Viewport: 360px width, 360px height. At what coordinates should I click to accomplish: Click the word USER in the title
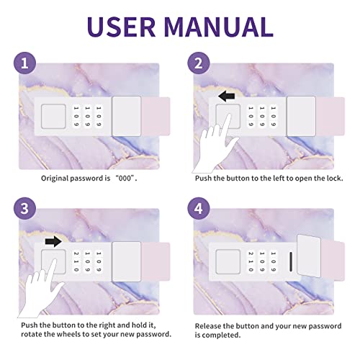tap(121, 27)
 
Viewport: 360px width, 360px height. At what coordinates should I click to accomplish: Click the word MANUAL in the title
tap(219, 27)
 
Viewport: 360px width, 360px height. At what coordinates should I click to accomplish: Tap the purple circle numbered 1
tap(24, 63)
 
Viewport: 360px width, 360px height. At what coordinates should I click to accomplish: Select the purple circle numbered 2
tap(199, 63)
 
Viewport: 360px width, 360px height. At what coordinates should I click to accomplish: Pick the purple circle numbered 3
tap(24, 208)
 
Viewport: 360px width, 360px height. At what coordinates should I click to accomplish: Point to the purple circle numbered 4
tap(199, 208)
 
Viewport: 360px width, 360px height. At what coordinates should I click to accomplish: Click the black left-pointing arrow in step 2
tap(227, 96)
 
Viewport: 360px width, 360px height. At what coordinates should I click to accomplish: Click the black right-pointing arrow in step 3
tap(53, 241)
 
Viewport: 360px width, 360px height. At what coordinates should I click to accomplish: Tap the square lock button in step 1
tap(53, 116)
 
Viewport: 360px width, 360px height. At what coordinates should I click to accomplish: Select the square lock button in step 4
tap(228, 261)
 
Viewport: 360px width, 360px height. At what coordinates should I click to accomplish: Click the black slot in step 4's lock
tap(291, 261)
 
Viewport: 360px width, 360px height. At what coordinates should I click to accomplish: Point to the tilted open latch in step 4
tap(309, 256)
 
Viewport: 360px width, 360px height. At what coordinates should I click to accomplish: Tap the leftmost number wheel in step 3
tap(76, 261)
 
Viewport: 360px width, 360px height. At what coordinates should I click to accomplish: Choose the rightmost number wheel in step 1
tap(99, 117)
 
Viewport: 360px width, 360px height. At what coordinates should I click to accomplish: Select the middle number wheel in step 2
tap(262, 117)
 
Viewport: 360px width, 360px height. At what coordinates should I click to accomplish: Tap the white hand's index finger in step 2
tap(227, 126)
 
